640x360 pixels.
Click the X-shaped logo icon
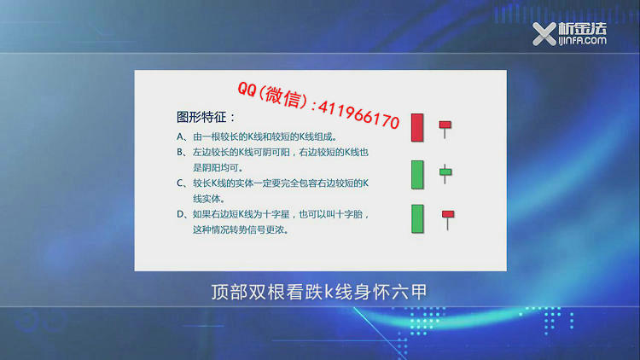[x=544, y=34]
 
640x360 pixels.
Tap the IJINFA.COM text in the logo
[x=583, y=40]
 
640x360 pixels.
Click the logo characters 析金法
[x=583, y=28]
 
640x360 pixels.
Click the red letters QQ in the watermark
[x=247, y=89]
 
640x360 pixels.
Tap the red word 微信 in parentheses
[x=283, y=96]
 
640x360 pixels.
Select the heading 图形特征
[x=201, y=118]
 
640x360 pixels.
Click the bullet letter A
[x=180, y=136]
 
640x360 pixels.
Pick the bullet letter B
[x=180, y=152]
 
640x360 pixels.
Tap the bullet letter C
[x=180, y=183]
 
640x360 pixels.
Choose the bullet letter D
[x=180, y=214]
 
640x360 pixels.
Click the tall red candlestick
[x=417, y=128]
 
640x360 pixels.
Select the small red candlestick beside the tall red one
[x=445, y=129]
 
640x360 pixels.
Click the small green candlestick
[x=445, y=173]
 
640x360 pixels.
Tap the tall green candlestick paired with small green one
[x=417, y=175]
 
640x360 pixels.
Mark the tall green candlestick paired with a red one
[x=417, y=218]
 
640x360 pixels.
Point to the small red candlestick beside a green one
[x=448, y=219]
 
